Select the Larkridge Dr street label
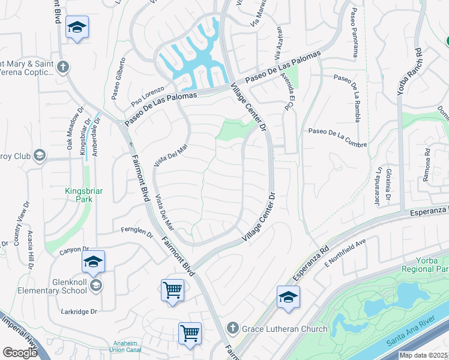79,311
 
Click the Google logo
19,353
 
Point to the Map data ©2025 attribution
423,355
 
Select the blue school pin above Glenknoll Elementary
93,262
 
